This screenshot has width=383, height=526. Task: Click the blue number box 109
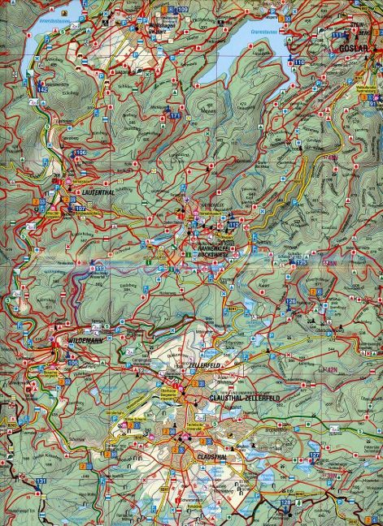(181, 9)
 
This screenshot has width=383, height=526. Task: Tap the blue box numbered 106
(80, 153)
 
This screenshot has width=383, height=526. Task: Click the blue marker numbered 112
(234, 224)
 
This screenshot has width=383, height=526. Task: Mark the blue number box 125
(301, 263)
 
